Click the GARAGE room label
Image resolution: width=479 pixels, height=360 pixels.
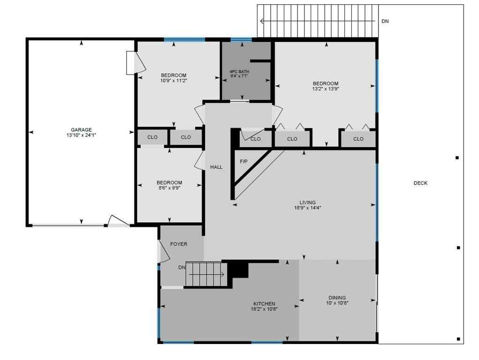click(x=81, y=130)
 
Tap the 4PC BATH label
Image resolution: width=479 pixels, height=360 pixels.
click(x=239, y=71)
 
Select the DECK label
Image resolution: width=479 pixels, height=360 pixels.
click(x=420, y=183)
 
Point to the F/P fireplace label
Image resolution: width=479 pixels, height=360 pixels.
click(x=243, y=162)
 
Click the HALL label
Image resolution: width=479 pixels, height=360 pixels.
click(x=216, y=167)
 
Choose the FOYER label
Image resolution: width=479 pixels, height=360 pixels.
click(x=179, y=244)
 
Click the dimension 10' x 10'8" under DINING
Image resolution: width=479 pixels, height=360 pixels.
click(x=337, y=303)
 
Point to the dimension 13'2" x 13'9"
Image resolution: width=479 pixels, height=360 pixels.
click(x=326, y=89)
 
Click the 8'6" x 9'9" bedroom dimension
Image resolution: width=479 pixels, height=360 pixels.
click(x=169, y=187)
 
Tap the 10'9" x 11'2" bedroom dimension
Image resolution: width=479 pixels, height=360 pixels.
click(x=174, y=80)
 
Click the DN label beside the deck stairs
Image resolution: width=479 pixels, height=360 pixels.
click(x=385, y=22)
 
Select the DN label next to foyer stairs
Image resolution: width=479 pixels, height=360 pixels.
click(x=182, y=268)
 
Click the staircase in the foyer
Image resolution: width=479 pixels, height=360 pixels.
click(x=206, y=274)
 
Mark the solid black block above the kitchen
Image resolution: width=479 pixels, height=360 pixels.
click(x=240, y=270)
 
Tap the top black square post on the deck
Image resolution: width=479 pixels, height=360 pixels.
click(x=457, y=158)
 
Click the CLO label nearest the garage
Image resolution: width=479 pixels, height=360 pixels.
click(x=152, y=137)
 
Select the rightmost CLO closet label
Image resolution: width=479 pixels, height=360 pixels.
click(x=358, y=139)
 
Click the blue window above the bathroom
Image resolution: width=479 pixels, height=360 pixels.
click(x=241, y=39)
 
